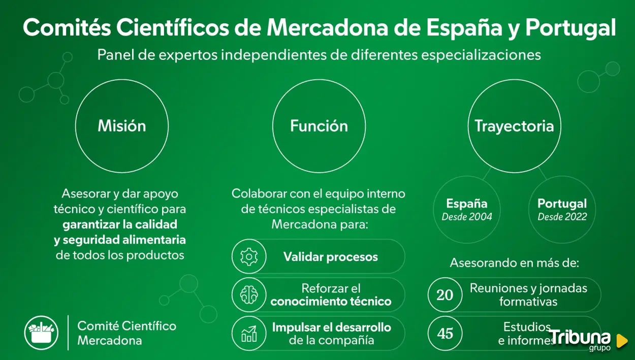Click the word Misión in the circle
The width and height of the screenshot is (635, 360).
click(122, 126)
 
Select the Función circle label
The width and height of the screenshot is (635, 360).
click(319, 126)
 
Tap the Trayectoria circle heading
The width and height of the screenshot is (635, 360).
click(514, 126)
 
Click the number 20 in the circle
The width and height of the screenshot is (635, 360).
click(445, 295)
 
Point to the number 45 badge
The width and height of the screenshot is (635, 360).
click(445, 334)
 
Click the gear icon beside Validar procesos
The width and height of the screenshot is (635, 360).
click(249, 256)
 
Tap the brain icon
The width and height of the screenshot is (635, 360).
click(249, 295)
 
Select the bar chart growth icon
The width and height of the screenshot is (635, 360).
click(249, 334)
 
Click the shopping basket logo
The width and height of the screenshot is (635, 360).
click(41, 333)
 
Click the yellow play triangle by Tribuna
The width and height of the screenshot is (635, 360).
click(622, 341)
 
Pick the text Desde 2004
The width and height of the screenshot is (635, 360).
click(467, 217)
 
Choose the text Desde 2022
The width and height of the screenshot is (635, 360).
click(562, 217)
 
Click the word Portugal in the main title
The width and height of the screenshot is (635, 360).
click(570, 28)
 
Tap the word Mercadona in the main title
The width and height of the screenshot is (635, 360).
click(328, 27)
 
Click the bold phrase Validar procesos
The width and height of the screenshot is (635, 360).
click(331, 257)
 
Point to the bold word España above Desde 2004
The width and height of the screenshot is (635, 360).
click(467, 204)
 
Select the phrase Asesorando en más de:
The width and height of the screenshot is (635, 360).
click(514, 263)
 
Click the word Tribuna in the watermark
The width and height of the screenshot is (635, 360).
click(580, 337)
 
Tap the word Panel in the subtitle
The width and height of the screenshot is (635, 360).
click(116, 55)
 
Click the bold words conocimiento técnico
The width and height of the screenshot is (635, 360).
click(331, 302)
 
